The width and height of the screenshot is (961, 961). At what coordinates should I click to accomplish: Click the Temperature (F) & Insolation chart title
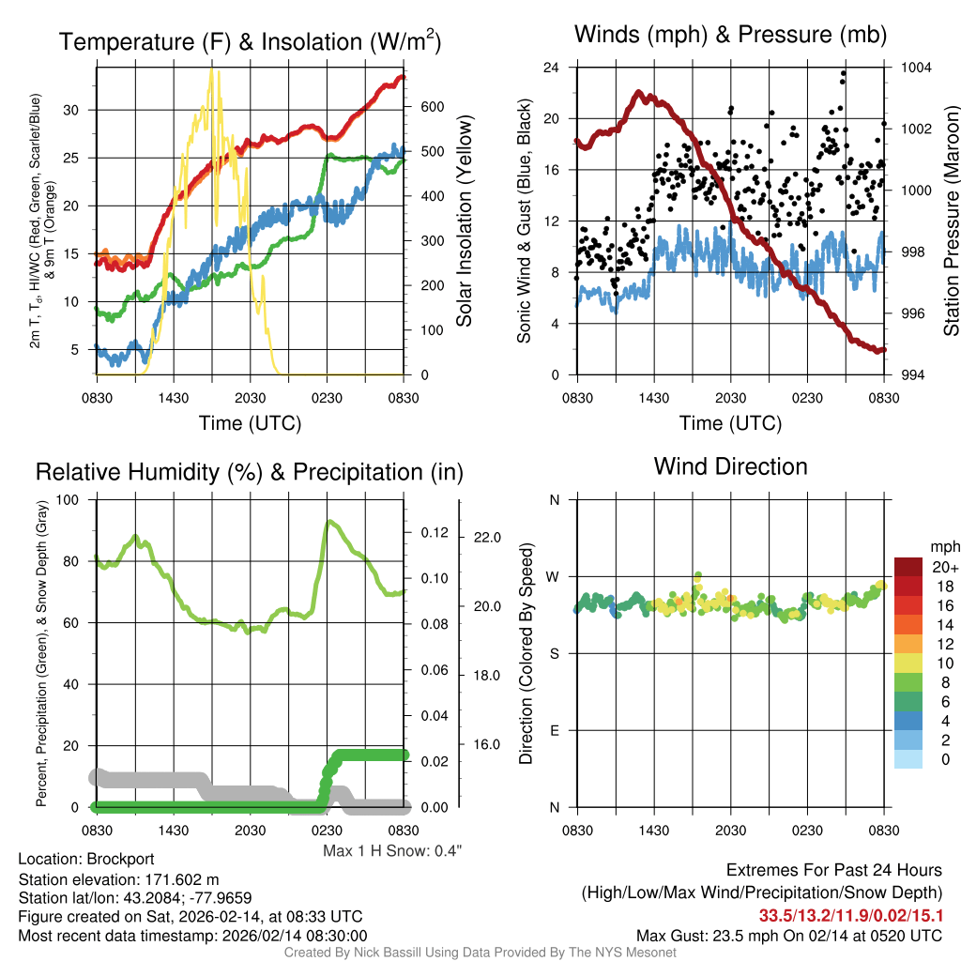[x=250, y=41]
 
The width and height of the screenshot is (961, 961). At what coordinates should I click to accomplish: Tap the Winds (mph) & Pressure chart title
[x=730, y=35]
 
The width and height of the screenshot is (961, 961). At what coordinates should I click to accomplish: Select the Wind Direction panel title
[x=730, y=466]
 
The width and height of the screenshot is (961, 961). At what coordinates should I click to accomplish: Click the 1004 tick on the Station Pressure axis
[x=915, y=68]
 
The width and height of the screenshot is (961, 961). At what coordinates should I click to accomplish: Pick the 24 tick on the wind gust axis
[x=552, y=68]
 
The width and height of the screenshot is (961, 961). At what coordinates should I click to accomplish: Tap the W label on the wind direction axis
[x=554, y=576]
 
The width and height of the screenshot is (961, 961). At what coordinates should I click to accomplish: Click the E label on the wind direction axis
[x=555, y=730]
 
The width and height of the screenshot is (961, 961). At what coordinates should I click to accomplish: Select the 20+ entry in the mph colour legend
[x=945, y=567]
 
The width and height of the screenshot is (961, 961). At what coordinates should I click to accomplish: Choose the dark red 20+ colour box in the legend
[x=908, y=567]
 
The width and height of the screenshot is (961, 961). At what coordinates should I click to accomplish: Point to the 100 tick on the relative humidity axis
[x=67, y=499]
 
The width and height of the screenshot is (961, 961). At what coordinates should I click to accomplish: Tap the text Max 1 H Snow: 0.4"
[x=392, y=850]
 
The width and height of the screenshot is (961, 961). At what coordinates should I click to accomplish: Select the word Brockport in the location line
[x=120, y=859]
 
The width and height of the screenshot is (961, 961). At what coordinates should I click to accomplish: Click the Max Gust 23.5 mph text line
[x=788, y=936]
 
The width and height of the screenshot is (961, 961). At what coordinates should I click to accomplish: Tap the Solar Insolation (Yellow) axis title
[x=464, y=221]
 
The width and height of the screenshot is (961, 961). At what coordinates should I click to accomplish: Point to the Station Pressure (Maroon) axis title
[x=950, y=221]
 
